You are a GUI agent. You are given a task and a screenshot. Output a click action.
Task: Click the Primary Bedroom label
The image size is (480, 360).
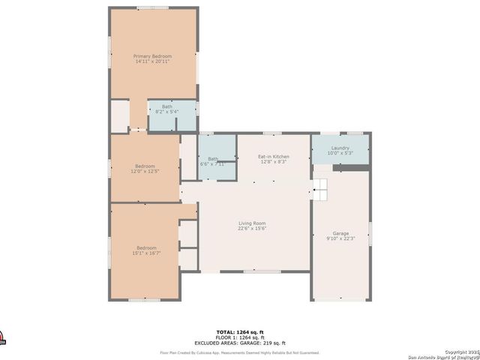(x=152, y=56)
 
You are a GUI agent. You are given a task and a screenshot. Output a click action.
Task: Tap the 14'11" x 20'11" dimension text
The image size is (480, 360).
(x=152, y=61)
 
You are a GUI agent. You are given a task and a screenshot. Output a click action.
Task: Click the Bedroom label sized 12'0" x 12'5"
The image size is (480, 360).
(x=145, y=166)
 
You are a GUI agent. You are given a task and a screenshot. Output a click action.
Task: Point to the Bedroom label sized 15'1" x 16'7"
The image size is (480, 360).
(x=146, y=248)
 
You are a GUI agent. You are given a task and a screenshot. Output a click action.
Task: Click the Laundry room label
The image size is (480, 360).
(x=340, y=148)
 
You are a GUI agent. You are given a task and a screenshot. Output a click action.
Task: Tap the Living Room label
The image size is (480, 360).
(x=252, y=223)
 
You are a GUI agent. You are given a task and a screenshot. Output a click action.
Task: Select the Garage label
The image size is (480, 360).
(x=340, y=233)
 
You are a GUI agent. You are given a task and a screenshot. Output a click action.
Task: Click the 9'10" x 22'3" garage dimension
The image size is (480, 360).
(x=340, y=238)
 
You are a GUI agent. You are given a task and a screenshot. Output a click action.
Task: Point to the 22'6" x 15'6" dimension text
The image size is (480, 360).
(x=252, y=229)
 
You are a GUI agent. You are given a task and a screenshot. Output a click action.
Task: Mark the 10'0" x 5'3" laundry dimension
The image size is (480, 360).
(x=340, y=153)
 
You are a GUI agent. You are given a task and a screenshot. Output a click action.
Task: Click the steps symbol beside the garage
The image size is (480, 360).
(x=320, y=190)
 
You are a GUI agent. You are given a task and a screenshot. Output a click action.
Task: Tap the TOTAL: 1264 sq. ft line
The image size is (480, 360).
(x=240, y=331)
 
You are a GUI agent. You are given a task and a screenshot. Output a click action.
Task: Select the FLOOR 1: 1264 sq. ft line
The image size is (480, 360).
(x=240, y=337)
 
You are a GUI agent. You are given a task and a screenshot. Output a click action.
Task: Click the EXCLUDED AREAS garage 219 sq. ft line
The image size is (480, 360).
(x=240, y=342)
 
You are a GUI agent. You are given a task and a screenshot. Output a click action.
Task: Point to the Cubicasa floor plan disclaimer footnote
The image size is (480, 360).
(x=240, y=352)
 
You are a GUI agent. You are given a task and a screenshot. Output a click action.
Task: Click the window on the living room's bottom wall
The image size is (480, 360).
(x=255, y=271)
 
